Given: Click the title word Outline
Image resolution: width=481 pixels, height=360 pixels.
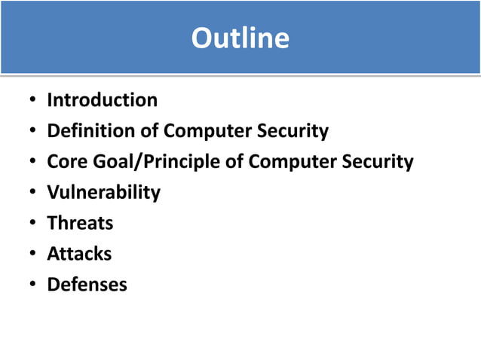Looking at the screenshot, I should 240,38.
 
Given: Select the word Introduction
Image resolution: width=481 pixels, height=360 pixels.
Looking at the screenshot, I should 103,100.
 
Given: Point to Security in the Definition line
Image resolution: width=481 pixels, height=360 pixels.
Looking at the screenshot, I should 294,132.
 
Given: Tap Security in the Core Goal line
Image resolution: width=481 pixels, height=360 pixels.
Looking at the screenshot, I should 378,163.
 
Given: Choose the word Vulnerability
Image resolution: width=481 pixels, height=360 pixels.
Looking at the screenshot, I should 104,193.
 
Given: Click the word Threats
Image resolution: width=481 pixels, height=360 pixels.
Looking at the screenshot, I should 80,223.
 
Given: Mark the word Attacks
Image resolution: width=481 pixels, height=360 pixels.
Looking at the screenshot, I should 79,254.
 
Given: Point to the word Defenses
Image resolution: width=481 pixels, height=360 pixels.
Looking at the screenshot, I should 87,285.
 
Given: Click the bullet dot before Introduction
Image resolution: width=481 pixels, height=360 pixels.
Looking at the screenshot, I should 33,101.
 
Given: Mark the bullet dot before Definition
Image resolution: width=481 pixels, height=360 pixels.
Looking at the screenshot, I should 33,132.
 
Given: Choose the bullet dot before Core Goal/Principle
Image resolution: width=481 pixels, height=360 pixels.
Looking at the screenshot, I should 33,163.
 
